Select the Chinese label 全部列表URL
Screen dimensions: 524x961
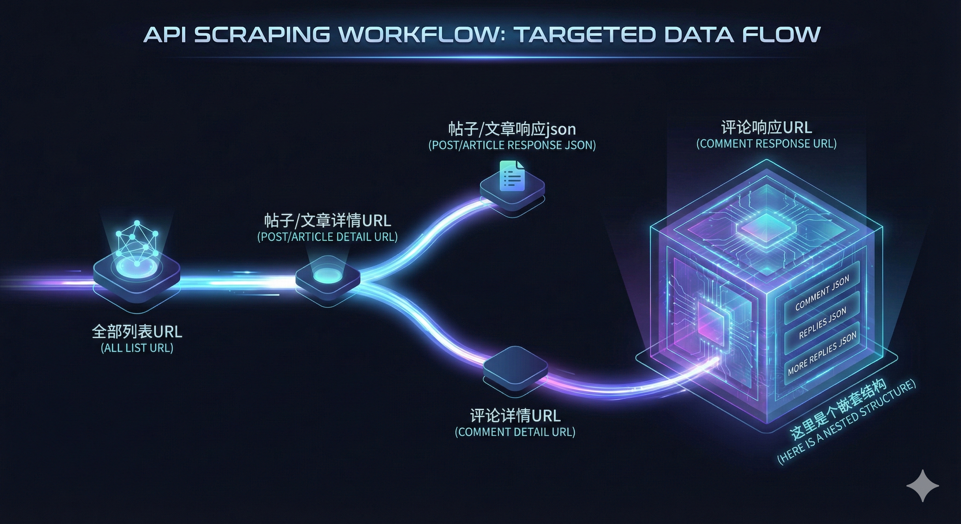pos(137,331)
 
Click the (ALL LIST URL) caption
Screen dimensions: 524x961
pos(137,348)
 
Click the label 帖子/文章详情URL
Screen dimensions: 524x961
pos(328,220)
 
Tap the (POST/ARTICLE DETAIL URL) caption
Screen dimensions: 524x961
pos(328,237)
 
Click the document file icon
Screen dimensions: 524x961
pos(512,176)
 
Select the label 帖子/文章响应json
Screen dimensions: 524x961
pos(512,129)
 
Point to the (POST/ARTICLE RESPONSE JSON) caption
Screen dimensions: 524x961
pos(512,145)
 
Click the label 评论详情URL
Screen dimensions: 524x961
pos(515,415)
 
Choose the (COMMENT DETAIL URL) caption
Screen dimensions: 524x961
pos(515,432)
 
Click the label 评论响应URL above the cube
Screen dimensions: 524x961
pos(766,127)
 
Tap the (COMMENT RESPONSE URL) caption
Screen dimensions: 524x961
pos(766,144)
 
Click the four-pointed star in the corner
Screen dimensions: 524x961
pos(922,485)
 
